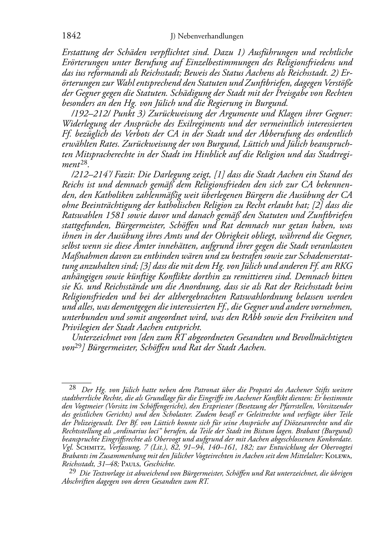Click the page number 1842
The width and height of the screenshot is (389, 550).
click(x=71, y=36)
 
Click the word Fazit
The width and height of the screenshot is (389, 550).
click(x=117, y=175)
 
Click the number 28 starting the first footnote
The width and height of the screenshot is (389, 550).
click(x=72, y=387)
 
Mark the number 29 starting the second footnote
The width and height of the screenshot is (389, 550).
click(x=72, y=472)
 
